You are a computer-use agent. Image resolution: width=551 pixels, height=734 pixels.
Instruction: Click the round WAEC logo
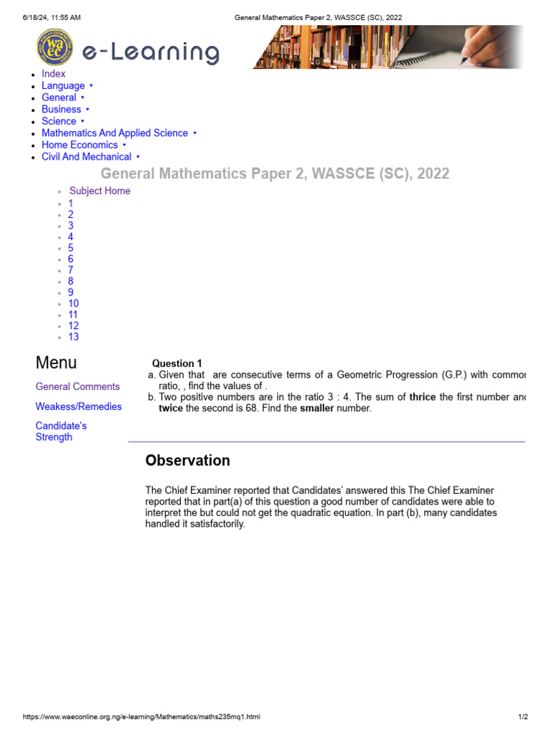55,47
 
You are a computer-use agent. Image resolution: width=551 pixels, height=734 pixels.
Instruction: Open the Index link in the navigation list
53,74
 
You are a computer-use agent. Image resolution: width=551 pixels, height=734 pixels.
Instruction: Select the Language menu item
63,86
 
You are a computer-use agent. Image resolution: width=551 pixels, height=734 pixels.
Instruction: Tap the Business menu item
61,110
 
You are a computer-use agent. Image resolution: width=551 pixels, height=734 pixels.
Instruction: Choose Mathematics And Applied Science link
115,133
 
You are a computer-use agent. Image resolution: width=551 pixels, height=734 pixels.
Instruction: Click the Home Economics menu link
80,145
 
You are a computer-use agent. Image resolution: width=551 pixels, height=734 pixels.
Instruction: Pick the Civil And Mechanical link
86,157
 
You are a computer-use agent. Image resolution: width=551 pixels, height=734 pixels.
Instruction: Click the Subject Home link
100,191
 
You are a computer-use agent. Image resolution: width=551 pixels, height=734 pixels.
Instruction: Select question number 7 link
71,270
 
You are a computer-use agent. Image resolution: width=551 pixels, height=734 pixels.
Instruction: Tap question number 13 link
74,337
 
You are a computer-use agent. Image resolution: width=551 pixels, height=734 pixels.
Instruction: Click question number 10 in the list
74,303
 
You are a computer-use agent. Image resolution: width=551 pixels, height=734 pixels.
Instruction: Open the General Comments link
77,386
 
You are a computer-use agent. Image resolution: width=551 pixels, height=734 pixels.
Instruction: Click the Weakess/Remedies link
79,406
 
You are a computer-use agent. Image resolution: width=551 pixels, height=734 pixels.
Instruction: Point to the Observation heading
187,461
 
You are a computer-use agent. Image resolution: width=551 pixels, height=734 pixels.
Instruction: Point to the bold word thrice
423,397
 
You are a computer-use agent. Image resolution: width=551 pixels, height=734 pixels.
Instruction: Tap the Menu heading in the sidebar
56,363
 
